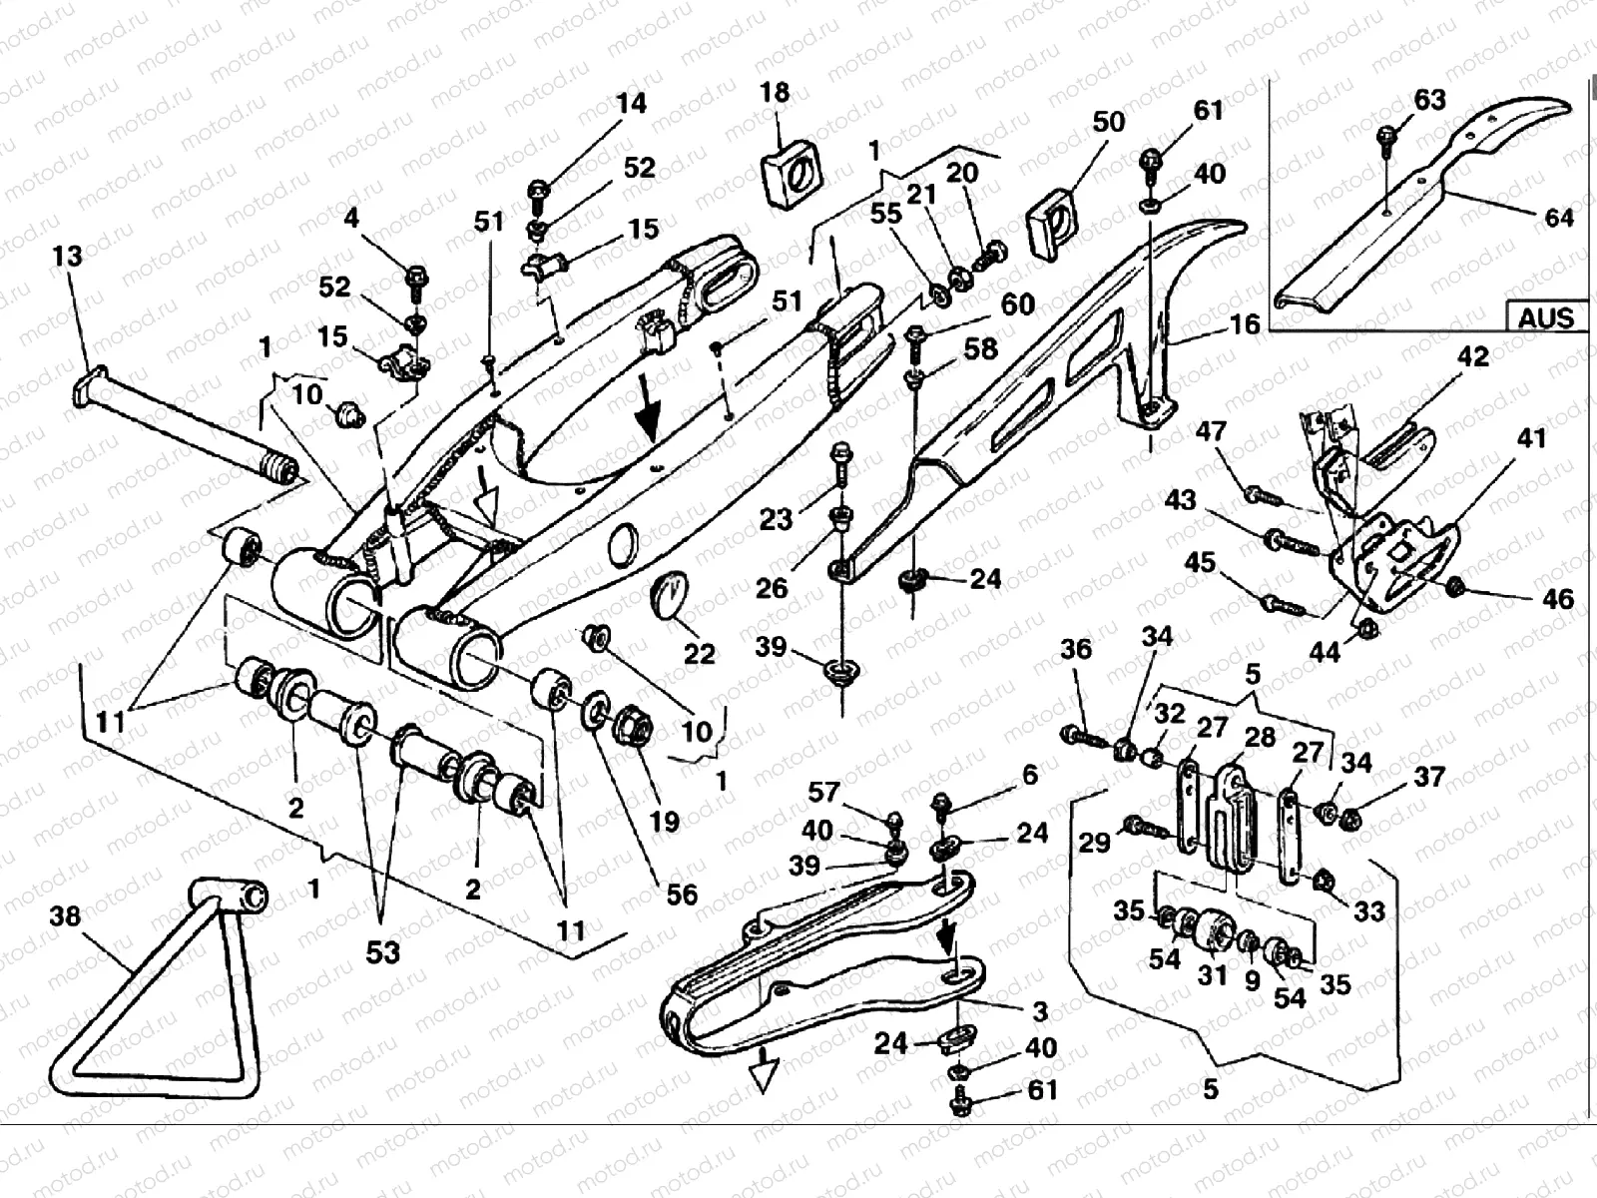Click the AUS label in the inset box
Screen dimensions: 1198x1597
point(1545,317)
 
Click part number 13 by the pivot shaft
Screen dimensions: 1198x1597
point(67,257)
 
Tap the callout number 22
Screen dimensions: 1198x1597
point(699,654)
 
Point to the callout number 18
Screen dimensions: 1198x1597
point(775,93)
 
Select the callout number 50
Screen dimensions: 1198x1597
point(1109,122)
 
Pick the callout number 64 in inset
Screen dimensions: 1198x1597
point(1558,217)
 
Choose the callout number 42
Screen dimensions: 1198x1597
point(1473,356)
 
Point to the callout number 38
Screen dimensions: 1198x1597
point(65,915)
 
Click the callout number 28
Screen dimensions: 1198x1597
point(1260,737)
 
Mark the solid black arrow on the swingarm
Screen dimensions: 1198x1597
point(649,414)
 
